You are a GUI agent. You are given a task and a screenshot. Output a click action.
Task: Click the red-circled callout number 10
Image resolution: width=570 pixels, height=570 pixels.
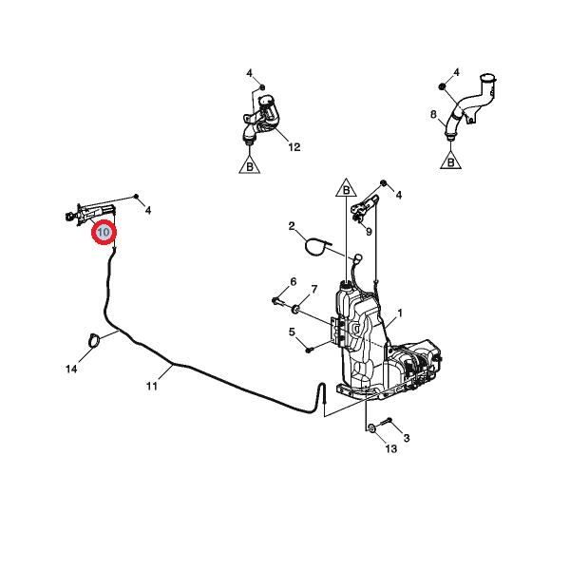pyautogui.click(x=104, y=232)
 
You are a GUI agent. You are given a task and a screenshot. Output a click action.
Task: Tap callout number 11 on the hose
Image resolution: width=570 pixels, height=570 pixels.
pyautogui.click(x=152, y=386)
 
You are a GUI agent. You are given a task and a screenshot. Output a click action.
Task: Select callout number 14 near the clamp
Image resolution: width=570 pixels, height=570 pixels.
pyautogui.click(x=71, y=369)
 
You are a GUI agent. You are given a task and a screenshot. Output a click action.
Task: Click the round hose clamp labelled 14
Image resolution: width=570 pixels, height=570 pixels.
pyautogui.click(x=94, y=339)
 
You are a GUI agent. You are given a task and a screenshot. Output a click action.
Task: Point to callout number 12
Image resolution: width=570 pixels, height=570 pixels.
pyautogui.click(x=294, y=147)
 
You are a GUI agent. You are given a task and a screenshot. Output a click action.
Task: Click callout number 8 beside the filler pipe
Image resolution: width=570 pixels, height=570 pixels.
pyautogui.click(x=433, y=115)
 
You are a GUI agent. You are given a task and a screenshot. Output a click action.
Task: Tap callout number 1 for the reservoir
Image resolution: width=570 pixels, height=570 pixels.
pyautogui.click(x=400, y=313)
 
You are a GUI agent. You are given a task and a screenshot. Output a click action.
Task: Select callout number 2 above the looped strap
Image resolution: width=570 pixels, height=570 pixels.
pyautogui.click(x=292, y=226)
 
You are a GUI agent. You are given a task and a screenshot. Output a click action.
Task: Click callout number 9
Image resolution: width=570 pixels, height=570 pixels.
pyautogui.click(x=369, y=232)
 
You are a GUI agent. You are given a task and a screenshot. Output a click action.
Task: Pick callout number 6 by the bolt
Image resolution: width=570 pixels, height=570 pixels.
pyautogui.click(x=293, y=282)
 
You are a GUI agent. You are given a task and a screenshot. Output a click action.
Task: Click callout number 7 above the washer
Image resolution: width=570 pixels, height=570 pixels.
pyautogui.click(x=314, y=290)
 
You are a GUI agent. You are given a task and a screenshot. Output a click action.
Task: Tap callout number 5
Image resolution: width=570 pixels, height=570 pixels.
pyautogui.click(x=292, y=332)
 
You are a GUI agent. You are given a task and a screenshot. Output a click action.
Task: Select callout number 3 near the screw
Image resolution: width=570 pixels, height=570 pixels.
pyautogui.click(x=407, y=438)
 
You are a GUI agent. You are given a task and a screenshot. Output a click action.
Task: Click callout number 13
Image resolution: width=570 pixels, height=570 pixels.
pyautogui.click(x=390, y=449)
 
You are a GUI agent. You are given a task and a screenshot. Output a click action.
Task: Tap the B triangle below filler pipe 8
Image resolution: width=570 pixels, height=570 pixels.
pyautogui.click(x=450, y=162)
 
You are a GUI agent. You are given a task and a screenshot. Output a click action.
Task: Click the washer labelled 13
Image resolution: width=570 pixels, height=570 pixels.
pyautogui.click(x=371, y=427)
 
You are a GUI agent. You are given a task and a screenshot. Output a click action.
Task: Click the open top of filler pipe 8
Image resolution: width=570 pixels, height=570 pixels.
pyautogui.click(x=487, y=78)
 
